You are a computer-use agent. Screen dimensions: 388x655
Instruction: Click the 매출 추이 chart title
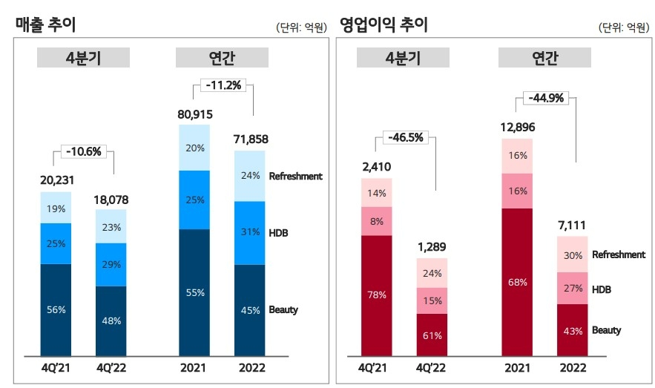tap(46, 24)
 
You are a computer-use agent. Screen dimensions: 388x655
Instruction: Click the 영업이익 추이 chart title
tap(384, 24)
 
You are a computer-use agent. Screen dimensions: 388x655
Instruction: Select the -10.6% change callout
tap(83, 152)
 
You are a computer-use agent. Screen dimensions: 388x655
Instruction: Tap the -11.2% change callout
tap(222, 85)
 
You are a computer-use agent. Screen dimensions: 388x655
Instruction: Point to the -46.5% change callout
tap(407, 137)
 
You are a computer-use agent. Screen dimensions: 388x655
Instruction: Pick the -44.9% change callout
tap(546, 98)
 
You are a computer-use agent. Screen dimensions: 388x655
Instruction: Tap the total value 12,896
tap(517, 128)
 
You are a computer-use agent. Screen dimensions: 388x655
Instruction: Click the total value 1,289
tap(432, 247)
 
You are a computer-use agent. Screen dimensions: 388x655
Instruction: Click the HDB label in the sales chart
tap(278, 233)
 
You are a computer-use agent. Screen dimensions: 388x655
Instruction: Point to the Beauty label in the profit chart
tap(606, 330)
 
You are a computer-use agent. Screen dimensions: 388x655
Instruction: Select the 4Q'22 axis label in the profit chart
tap(432, 366)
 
